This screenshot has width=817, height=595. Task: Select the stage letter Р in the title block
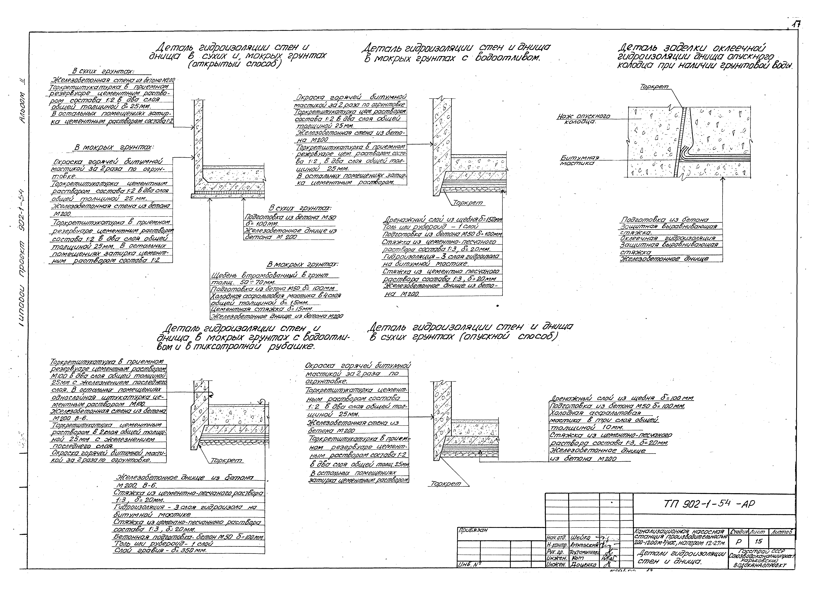[738, 542]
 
